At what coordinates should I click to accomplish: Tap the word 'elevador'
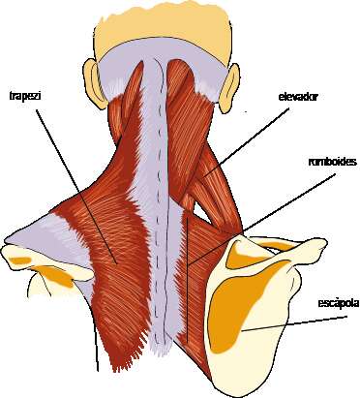pos(297,96)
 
